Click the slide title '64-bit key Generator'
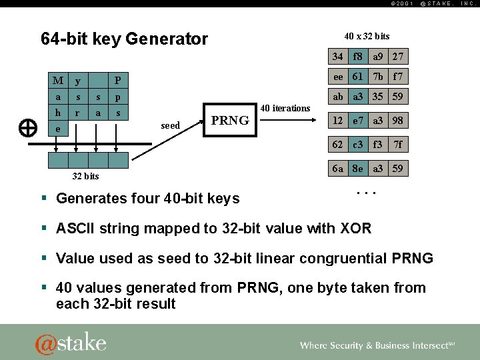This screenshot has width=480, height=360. click(124, 39)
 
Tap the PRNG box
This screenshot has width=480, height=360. click(229, 121)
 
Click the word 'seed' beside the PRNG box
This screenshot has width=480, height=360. click(171, 125)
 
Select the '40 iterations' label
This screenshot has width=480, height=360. click(285, 108)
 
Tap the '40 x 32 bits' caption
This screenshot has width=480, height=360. click(367, 36)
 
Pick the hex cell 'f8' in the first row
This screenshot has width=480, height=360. click(358, 57)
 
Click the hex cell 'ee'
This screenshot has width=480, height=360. click(338, 77)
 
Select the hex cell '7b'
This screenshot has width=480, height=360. click(378, 77)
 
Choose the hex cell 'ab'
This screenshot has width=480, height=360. click(338, 97)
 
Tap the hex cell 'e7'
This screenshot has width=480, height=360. click(358, 121)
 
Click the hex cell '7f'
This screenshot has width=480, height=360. click(398, 145)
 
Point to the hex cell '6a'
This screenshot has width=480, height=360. click(338, 169)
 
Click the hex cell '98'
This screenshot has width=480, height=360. click(398, 121)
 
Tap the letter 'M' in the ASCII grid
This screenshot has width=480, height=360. click(58, 81)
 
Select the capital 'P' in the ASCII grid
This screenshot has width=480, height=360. click(118, 81)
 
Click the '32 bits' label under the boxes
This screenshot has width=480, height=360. click(85, 176)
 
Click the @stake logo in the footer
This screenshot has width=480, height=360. click(71, 343)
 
